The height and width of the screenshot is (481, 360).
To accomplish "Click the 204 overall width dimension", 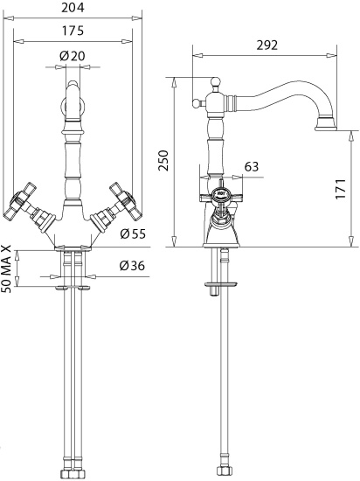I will (73, 7).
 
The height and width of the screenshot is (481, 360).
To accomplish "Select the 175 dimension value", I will (73, 31).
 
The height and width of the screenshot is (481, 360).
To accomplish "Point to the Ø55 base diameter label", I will (132, 234).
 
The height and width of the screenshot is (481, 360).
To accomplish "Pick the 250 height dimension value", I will (163, 160).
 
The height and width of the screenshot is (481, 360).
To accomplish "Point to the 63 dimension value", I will (251, 165).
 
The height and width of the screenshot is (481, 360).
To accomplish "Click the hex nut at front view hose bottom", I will (73, 475).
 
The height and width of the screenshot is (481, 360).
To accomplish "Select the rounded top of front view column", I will (73, 87).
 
